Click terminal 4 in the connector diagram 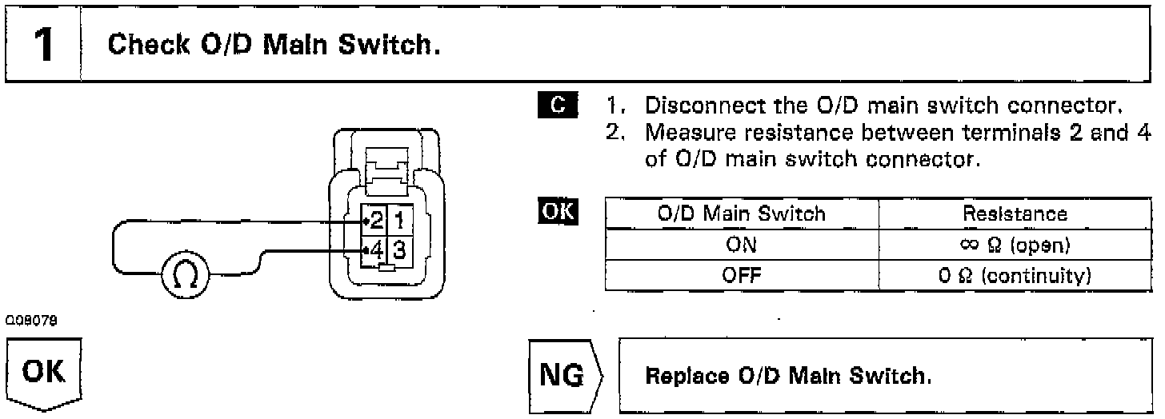click(375, 249)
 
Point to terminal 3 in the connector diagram click(399, 249)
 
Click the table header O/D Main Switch click(741, 213)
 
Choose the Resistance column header click(1015, 213)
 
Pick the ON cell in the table click(741, 245)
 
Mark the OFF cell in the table click(741, 276)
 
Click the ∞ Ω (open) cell click(1015, 245)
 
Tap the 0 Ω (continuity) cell click(1015, 276)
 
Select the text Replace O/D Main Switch click(788, 376)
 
